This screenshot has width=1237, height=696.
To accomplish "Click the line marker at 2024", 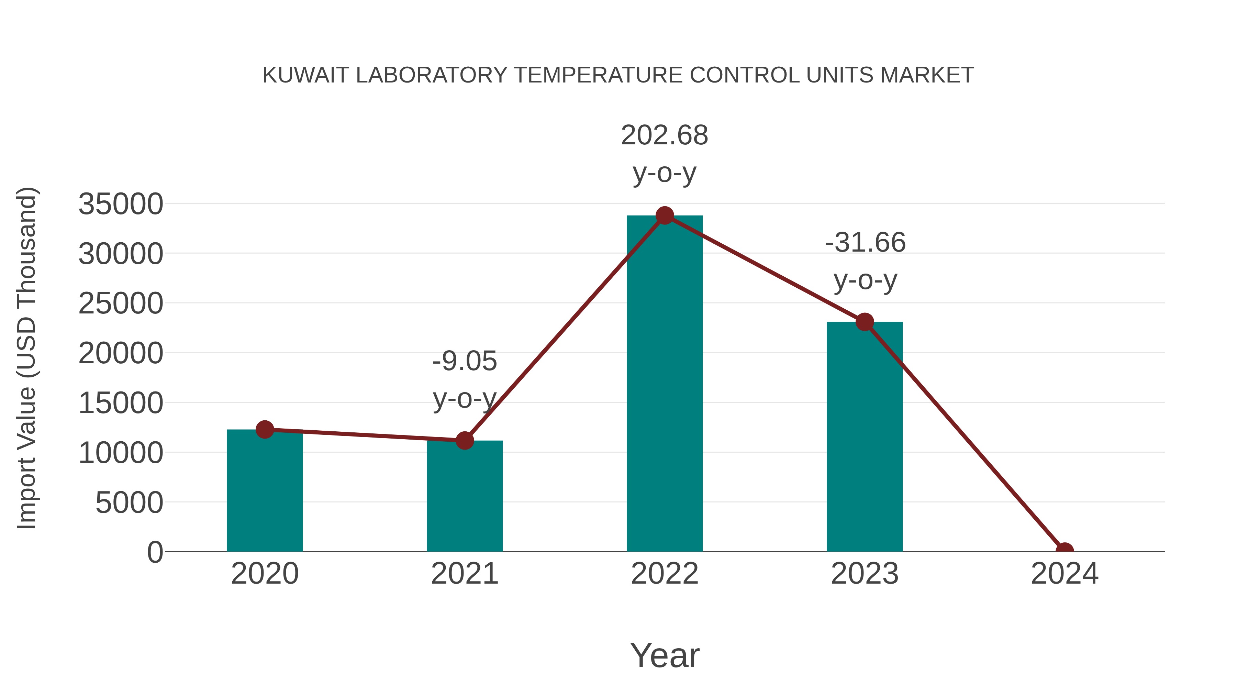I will pyautogui.click(x=1064, y=551).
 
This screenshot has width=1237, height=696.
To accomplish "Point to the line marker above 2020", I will pyautogui.click(x=265, y=429).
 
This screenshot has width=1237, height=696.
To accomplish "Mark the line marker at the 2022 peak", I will pyautogui.click(x=665, y=216).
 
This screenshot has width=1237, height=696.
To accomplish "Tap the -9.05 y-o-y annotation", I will pyautogui.click(x=464, y=379).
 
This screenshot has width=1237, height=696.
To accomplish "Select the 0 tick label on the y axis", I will pyautogui.click(x=155, y=552).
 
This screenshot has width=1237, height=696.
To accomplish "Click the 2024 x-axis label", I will pyautogui.click(x=1064, y=574).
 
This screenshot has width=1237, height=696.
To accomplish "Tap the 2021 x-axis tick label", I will pyautogui.click(x=464, y=574).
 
